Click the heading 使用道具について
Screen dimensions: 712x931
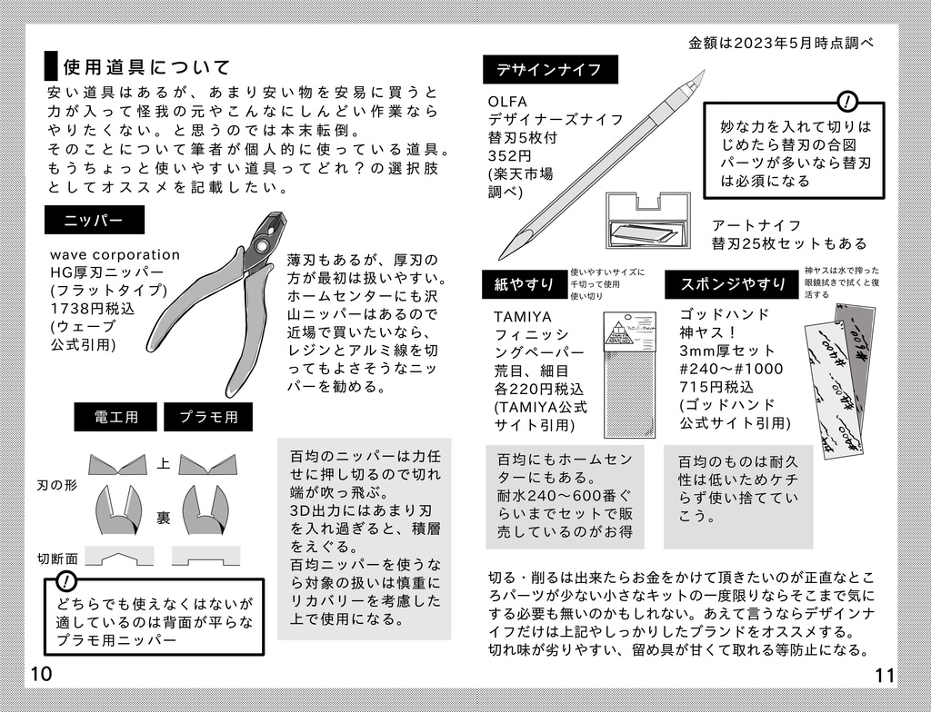145,67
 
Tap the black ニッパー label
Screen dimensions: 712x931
95,221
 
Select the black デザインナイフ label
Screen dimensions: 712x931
550,69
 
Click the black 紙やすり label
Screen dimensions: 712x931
525,284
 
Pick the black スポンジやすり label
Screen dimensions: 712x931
734,284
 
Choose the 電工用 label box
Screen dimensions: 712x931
115,417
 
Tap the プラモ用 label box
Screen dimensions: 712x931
208,417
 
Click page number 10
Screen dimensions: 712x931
41,674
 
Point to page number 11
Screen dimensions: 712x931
886,674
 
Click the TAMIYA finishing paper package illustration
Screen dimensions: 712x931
630,372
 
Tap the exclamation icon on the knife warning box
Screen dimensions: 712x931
847,101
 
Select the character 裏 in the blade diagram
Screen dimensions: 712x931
164,518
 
